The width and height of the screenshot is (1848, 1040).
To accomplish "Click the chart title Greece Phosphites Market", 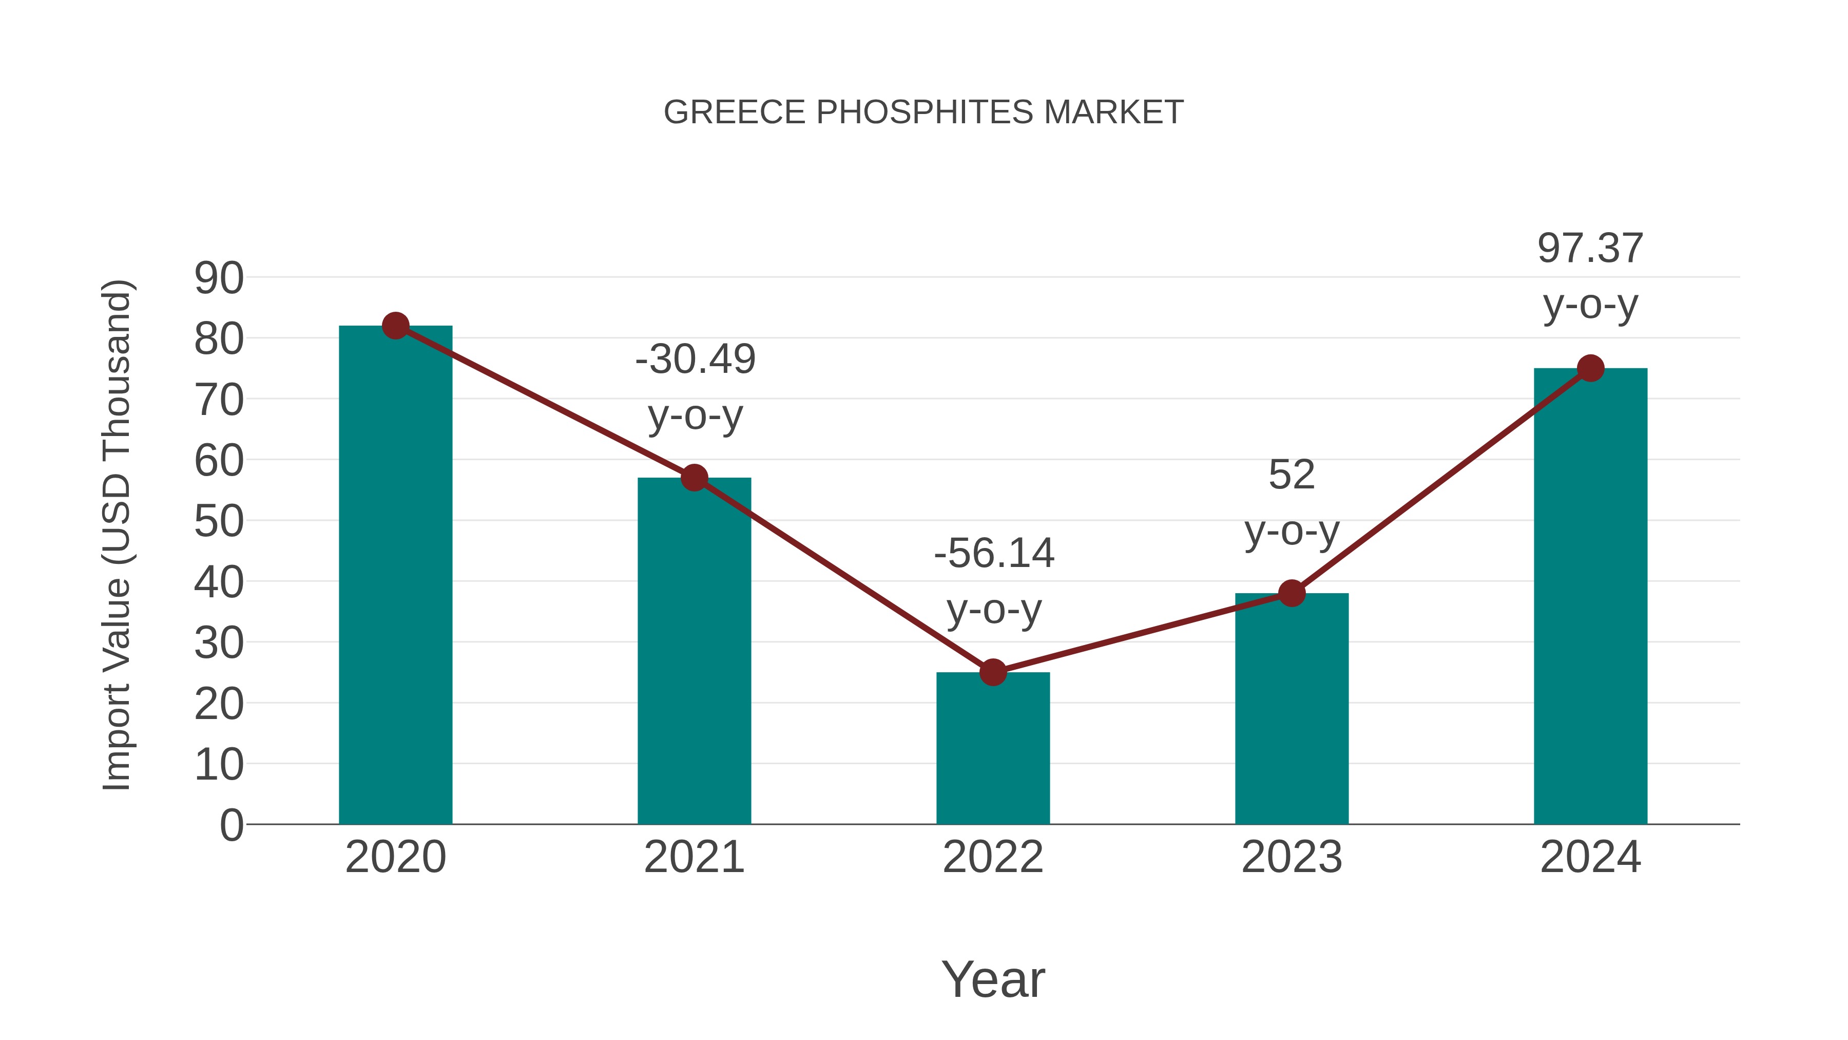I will point(923,112).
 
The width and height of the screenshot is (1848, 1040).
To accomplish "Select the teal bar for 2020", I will point(395,574).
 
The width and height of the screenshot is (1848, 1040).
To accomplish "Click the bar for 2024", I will point(1590,596).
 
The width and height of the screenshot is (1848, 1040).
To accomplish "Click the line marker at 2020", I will point(395,326).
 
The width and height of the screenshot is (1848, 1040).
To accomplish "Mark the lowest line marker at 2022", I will point(993,672).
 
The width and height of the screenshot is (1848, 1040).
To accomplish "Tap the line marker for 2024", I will point(1590,368).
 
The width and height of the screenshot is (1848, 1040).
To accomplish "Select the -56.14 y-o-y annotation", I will point(994,581).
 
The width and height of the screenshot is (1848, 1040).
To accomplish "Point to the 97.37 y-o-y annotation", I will point(1590,276).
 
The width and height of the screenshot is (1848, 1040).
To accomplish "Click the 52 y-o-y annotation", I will point(1292,502).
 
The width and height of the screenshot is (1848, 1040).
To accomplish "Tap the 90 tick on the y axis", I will point(219,278).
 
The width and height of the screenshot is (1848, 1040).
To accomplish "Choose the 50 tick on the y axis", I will point(219,522).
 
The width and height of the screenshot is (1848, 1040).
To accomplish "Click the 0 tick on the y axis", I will point(231,825).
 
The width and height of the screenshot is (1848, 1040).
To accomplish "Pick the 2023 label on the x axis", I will point(1292,857).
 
